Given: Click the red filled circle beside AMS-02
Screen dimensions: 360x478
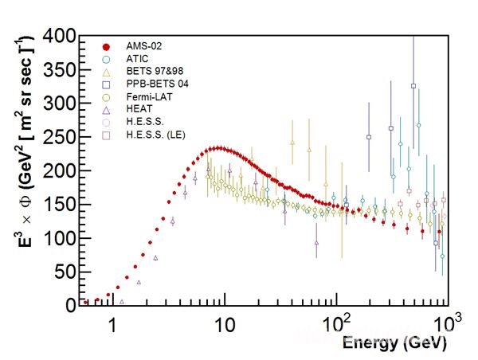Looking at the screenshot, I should [x=106, y=46].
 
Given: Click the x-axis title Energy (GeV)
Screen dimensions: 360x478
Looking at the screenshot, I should [x=394, y=343].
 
